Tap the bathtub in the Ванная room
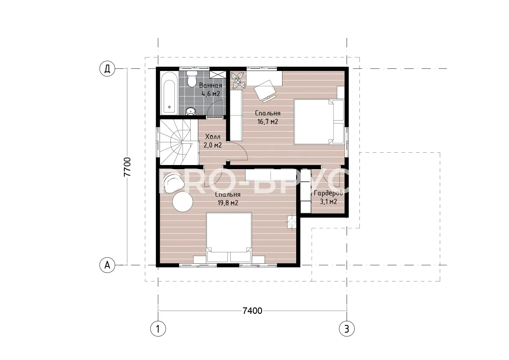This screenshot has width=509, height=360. pyautogui.click(x=169, y=93)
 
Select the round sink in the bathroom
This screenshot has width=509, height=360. pyautogui.click(x=191, y=112)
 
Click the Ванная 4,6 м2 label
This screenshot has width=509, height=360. pyautogui.click(x=211, y=90)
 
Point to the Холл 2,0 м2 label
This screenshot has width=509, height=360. pyautogui.click(x=213, y=141)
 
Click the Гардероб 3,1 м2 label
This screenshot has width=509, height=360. pyautogui.click(x=328, y=198)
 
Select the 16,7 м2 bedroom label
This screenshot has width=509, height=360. pyautogui.click(x=268, y=118)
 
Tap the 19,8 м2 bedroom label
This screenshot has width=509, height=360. pyautogui.click(x=228, y=199)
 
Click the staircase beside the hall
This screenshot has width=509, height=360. pyautogui.click(x=179, y=142)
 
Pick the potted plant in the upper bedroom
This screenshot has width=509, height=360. pyautogui.click(x=238, y=80)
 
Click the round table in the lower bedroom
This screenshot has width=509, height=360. pyautogui.click(x=182, y=201)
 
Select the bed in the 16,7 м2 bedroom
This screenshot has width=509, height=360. pyautogui.click(x=319, y=122)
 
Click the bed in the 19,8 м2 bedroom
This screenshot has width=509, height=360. pyautogui.click(x=229, y=237)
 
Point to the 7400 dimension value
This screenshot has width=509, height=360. pyautogui.click(x=252, y=311)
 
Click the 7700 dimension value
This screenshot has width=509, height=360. pyautogui.click(x=128, y=167)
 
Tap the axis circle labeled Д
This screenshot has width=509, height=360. pyautogui.click(x=107, y=69)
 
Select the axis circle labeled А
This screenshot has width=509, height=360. pyautogui.click(x=107, y=265)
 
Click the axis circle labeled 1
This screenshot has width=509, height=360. pyautogui.click(x=158, y=329)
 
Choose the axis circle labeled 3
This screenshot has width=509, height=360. pyautogui.click(x=347, y=329)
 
